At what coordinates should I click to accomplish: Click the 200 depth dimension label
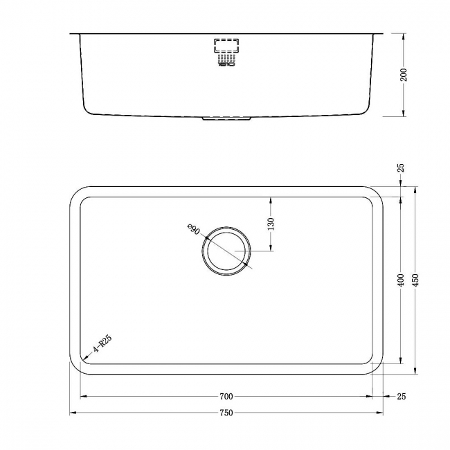[x=404, y=74]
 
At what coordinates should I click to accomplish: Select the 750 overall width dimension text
[x=226, y=413]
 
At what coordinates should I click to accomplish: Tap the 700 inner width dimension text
[x=226, y=397]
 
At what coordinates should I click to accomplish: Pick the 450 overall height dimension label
[x=415, y=280]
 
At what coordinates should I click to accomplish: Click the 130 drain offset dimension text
[x=271, y=224]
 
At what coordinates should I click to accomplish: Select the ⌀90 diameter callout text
[x=193, y=230]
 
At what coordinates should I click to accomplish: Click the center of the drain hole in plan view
[x=226, y=251]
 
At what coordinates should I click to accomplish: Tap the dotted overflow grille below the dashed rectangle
[x=226, y=60]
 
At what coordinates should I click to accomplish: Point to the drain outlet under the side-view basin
[x=226, y=119]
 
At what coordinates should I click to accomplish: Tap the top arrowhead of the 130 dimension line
[x=271, y=199]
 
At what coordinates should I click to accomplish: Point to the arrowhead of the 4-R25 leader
[x=83, y=359]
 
